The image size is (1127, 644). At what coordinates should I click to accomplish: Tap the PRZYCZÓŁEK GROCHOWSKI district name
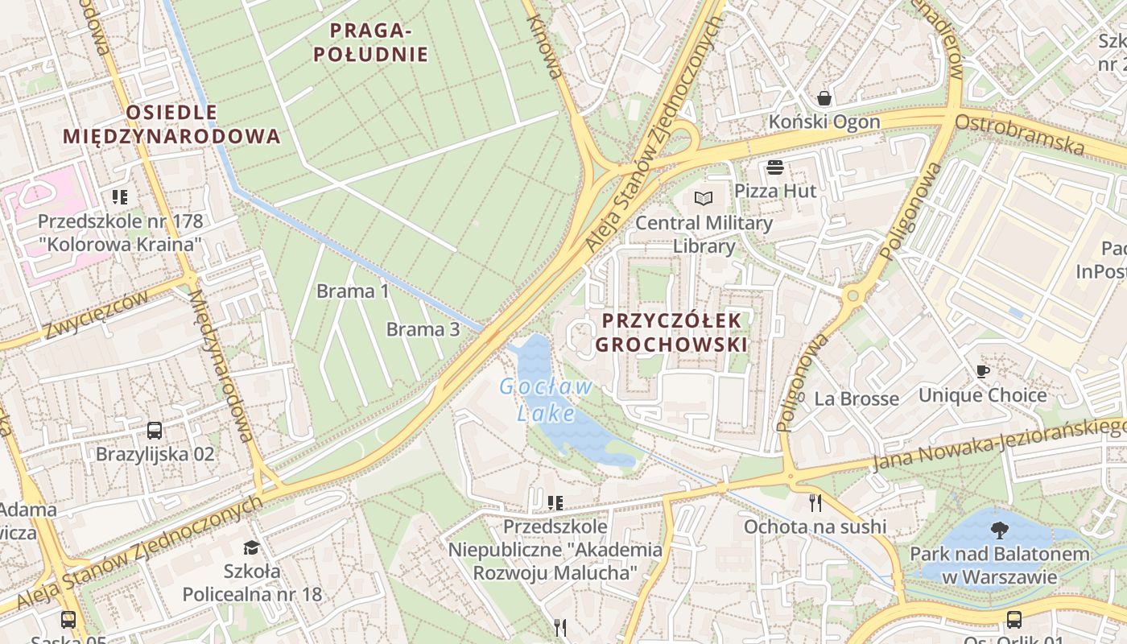click(671, 332)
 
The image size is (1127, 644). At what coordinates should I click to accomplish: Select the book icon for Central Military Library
click(704, 198)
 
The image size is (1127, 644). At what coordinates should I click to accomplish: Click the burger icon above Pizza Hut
click(776, 167)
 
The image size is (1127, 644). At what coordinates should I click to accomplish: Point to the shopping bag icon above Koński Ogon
click(824, 98)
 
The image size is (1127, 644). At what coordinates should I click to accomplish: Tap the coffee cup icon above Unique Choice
click(982, 371)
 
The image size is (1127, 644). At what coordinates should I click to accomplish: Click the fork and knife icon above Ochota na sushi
click(815, 503)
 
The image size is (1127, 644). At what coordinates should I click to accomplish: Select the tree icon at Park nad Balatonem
click(1000, 530)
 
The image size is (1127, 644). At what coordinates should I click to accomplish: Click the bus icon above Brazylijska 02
click(155, 431)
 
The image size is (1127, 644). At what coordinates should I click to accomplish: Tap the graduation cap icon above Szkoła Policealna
click(252, 548)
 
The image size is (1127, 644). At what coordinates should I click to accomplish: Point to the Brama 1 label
click(353, 291)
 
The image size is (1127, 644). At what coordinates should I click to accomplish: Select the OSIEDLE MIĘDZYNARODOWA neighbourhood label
click(171, 124)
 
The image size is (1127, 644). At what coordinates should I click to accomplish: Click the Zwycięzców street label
click(97, 315)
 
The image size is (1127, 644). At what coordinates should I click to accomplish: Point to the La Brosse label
click(857, 398)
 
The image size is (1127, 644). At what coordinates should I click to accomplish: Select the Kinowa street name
click(545, 48)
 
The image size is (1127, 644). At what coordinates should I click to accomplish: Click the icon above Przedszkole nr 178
click(120, 197)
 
